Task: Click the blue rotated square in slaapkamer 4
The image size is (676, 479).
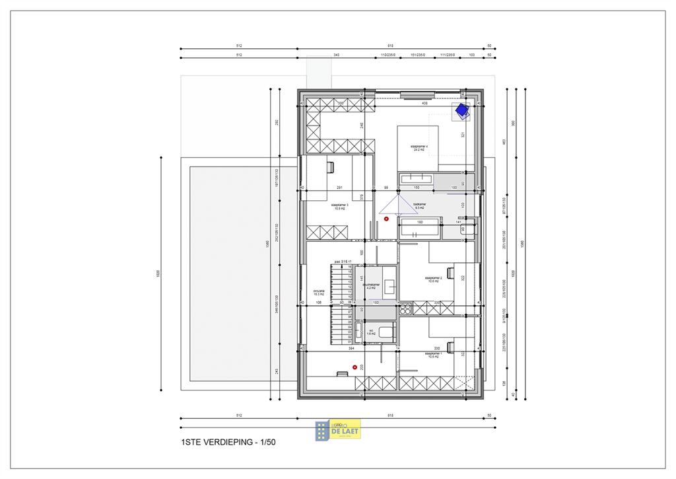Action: pyautogui.click(x=461, y=111)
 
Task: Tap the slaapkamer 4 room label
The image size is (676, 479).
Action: pyautogui.click(x=419, y=148)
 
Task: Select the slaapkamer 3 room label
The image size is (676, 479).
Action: pyautogui.click(x=341, y=207)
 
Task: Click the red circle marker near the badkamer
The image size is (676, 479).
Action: pyautogui.click(x=387, y=219)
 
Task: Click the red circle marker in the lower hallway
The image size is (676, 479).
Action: pyautogui.click(x=355, y=367)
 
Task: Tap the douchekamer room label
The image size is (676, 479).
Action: pyautogui.click(x=371, y=287)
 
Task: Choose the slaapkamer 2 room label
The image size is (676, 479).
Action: pyautogui.click(x=433, y=279)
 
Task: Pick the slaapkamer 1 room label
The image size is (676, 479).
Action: pyautogui.click(x=433, y=355)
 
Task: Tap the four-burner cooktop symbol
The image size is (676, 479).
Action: pyautogui.click(x=405, y=308)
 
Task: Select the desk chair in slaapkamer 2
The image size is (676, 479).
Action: pyautogui.click(x=450, y=270)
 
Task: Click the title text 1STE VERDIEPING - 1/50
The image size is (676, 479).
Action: pyautogui.click(x=228, y=443)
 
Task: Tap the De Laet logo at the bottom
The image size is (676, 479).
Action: pyautogui.click(x=338, y=429)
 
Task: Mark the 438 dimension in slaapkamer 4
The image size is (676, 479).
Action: pyautogui.click(x=424, y=104)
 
